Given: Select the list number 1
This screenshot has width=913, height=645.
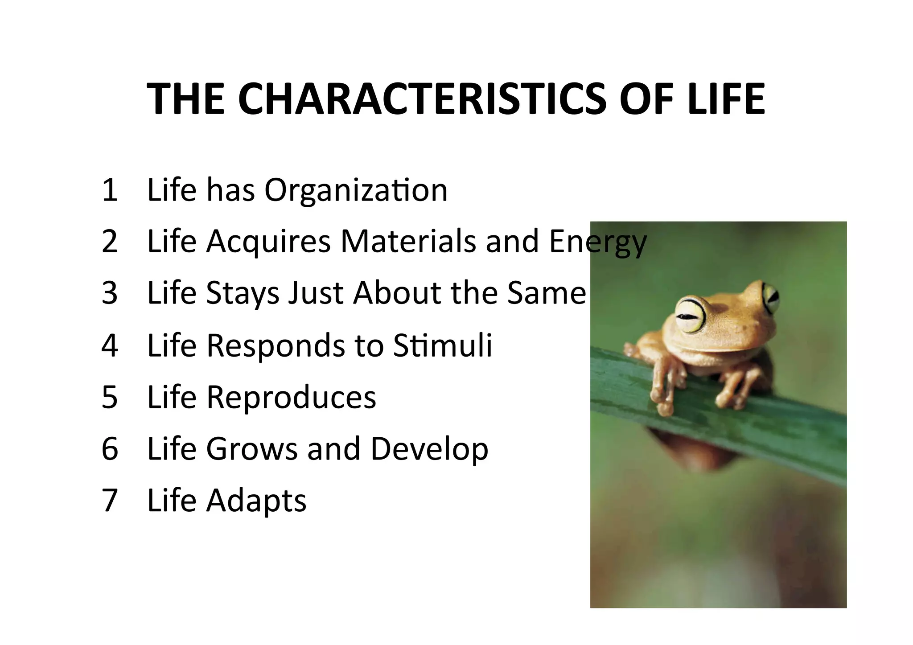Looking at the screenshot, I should [x=110, y=190].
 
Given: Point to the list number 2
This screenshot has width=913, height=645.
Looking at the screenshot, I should [x=110, y=242].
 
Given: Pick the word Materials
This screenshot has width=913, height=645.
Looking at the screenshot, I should [x=408, y=242].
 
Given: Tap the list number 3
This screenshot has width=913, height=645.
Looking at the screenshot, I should [x=110, y=293].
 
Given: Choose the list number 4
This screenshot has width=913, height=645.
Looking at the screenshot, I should [x=110, y=345].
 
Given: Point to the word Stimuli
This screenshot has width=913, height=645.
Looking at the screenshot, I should [x=443, y=345].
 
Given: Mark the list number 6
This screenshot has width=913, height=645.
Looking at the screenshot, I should [x=110, y=449].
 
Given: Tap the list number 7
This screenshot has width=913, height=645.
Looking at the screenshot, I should [x=110, y=501].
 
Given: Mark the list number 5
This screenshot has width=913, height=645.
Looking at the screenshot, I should [x=110, y=397].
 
